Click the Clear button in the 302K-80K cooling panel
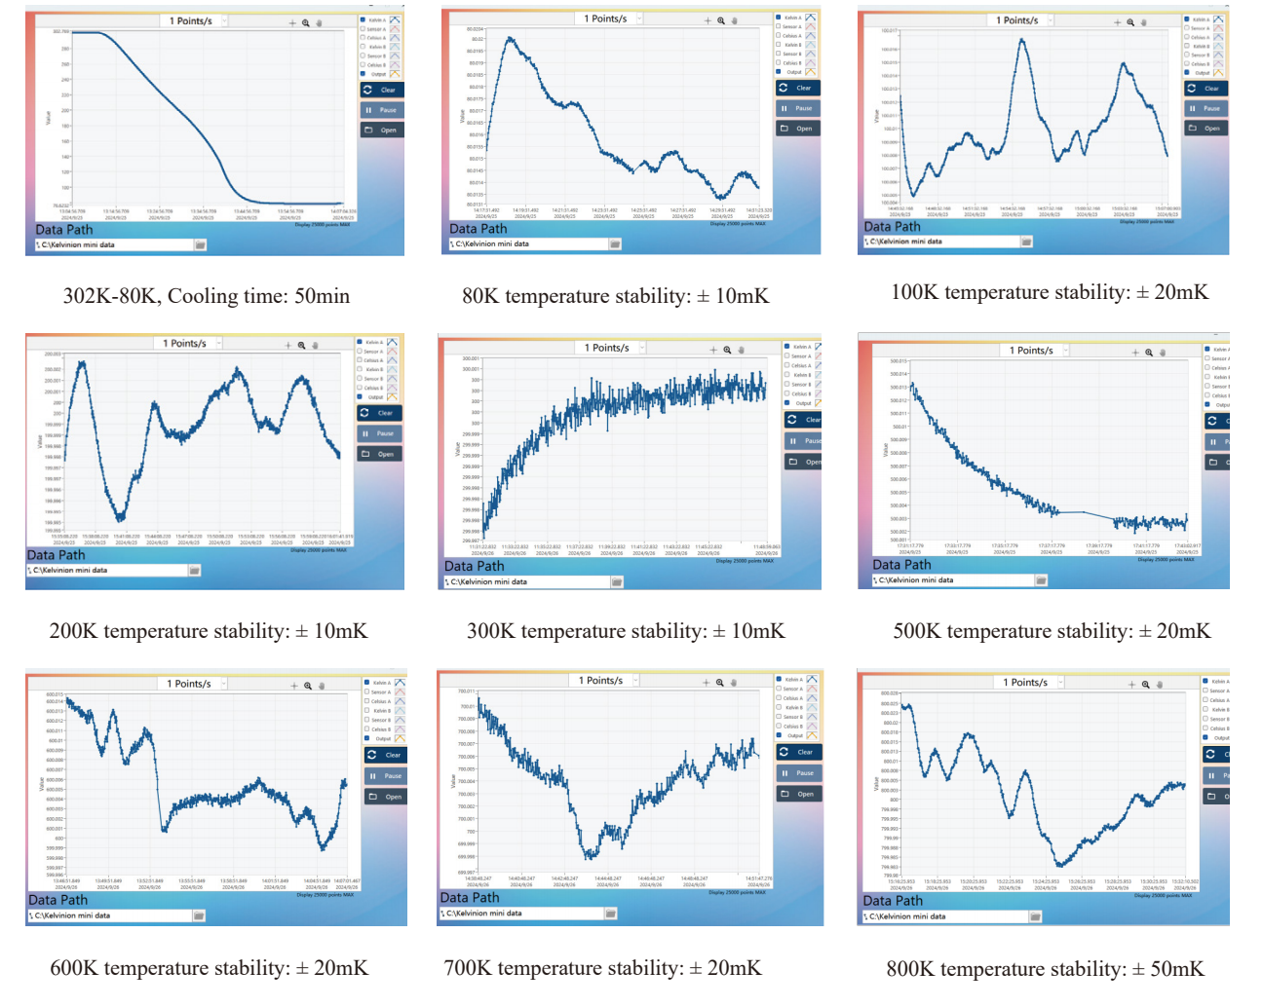(380, 90)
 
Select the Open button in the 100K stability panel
(1206, 128)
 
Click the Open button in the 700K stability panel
(799, 794)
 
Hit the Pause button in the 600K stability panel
(386, 776)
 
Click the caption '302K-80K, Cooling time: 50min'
(207, 296)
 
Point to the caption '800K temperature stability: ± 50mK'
(1045, 969)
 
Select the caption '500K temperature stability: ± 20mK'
(1052, 631)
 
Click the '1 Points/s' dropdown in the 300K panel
(611, 348)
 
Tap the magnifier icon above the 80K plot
(721, 20)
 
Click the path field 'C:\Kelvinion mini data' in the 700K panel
(521, 914)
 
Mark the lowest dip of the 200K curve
(120, 517)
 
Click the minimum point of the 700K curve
(590, 857)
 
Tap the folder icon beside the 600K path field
(199, 915)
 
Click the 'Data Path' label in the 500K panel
(901, 565)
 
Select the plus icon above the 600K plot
(294, 686)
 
